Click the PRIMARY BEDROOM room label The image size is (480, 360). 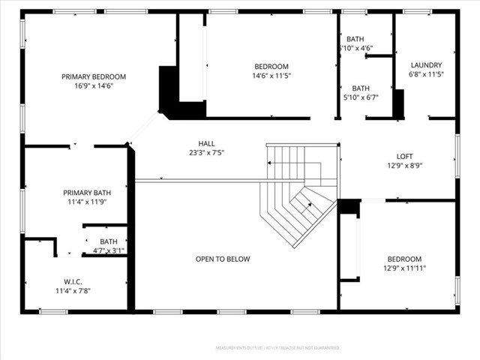[94, 76]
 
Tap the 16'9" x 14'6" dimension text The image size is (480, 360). [94, 85]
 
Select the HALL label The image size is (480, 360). [206, 143]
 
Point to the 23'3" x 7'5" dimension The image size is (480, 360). [206, 153]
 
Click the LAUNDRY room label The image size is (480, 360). [427, 65]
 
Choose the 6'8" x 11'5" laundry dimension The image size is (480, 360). [427, 74]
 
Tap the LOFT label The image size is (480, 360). [405, 157]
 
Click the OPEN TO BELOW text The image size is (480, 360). [223, 259]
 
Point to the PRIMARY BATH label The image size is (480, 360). [87, 193]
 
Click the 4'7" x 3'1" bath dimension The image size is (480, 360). [108, 250]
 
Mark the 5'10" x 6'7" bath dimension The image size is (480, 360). [361, 97]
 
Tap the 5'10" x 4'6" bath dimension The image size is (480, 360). [356, 48]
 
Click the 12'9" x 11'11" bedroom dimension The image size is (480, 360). [404, 268]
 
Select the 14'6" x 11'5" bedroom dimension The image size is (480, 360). [271, 75]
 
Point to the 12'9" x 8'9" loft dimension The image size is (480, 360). [405, 166]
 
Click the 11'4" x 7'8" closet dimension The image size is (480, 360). [74, 290]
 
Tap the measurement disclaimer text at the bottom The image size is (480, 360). [277, 348]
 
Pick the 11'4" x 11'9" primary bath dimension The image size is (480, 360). [87, 202]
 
